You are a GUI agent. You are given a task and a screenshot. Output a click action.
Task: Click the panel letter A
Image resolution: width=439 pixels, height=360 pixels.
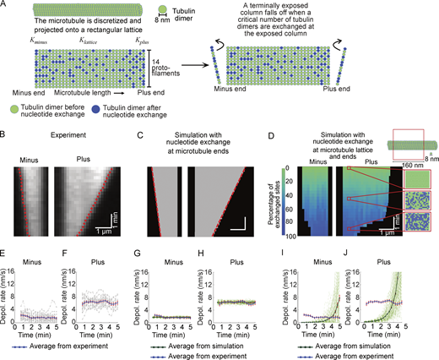point(4,5)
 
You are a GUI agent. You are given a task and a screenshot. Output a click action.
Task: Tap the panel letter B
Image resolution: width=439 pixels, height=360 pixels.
point(4,134)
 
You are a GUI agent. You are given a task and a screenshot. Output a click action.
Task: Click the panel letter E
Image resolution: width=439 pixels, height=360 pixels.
point(4,247)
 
